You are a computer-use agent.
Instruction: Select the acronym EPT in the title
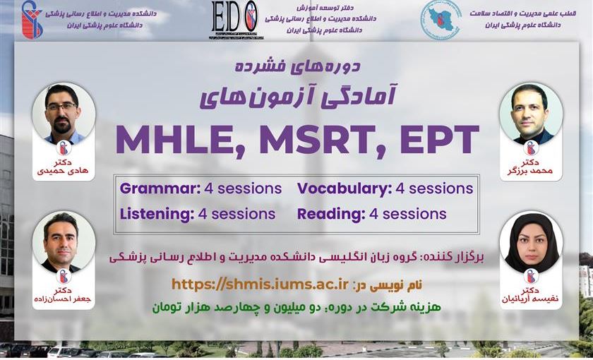(440, 139)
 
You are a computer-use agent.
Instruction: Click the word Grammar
(160, 188)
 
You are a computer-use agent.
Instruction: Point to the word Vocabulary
(345, 188)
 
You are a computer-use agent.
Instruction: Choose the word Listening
(157, 214)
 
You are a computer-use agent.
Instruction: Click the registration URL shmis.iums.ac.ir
(260, 284)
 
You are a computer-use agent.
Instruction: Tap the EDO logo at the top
(235, 19)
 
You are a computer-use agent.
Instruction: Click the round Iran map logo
(441, 20)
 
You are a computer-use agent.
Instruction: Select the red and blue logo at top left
(32, 20)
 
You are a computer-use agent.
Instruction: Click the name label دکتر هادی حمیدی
(63, 167)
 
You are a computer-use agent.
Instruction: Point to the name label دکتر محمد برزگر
(531, 167)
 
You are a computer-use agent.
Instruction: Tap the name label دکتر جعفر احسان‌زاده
(63, 295)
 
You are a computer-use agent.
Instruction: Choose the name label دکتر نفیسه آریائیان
(531, 295)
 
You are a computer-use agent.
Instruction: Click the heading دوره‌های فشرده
(298, 66)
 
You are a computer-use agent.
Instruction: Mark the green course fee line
(297, 306)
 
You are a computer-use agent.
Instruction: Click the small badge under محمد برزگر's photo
(531, 148)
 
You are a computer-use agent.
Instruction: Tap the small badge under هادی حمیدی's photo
(64, 148)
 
